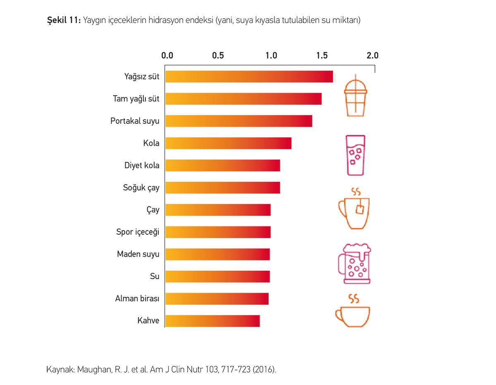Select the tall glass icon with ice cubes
[355, 155]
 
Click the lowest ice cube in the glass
[353, 162]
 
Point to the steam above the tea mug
[355, 192]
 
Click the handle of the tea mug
[342, 209]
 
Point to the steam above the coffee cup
[353, 298]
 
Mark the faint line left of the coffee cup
[316, 314]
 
